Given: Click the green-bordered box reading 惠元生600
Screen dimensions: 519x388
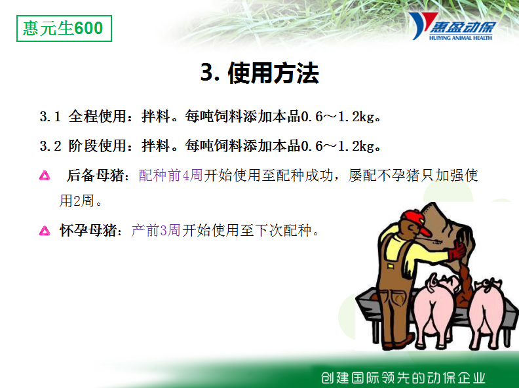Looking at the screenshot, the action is tap(64, 28).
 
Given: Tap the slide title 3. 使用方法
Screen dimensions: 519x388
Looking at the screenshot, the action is tap(260, 73).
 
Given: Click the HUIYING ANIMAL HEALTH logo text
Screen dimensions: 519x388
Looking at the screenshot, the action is tap(460, 38).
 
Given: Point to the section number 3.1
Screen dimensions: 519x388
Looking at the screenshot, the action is tap(50, 117).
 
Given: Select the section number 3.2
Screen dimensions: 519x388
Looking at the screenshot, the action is tap(50, 146).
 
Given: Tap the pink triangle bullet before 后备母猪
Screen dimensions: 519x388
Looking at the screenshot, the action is tap(45, 176).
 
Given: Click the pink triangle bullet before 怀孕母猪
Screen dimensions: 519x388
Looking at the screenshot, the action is tap(45, 231).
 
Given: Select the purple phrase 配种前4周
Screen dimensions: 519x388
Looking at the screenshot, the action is tap(171, 176).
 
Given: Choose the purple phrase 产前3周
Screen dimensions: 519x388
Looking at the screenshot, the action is tap(156, 231).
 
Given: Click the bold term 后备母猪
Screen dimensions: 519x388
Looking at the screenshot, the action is tap(95, 176).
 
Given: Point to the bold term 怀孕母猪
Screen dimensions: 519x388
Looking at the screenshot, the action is tap(88, 231).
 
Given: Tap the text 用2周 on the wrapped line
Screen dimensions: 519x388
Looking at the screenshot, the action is tap(77, 201).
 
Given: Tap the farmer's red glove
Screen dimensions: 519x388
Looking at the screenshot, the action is tap(457, 250).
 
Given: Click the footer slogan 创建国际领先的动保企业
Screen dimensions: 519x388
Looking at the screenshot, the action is tap(402, 378).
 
